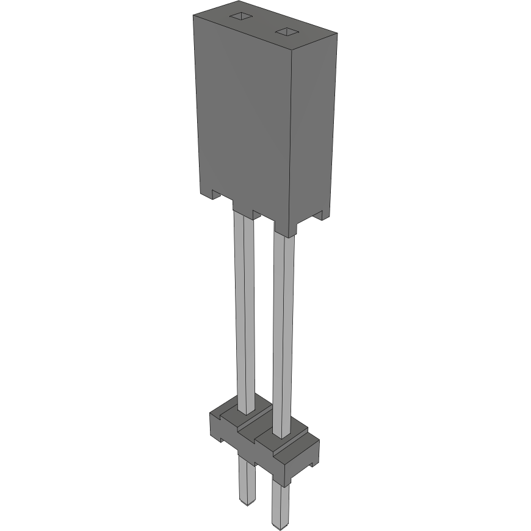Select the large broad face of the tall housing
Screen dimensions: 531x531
244,116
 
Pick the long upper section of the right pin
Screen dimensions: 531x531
283,330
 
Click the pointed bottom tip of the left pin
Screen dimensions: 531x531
246,502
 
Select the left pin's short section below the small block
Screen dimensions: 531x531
245,479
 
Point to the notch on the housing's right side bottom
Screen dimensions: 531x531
318,215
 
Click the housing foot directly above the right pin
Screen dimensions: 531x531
285,228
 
